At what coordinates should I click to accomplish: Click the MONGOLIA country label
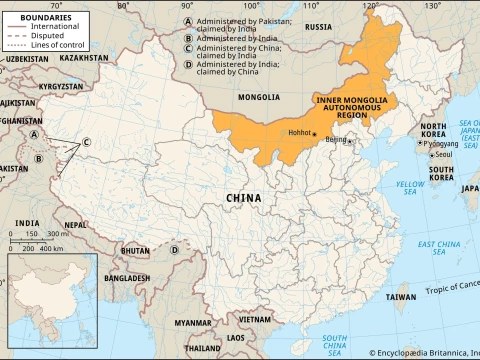(259, 97)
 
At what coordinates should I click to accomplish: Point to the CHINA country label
(242, 198)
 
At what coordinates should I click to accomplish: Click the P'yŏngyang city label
(439, 143)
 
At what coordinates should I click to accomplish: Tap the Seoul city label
(444, 155)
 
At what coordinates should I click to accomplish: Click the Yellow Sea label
(409, 189)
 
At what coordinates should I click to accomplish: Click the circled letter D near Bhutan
(174, 250)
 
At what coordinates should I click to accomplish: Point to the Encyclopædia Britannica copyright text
(421, 353)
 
